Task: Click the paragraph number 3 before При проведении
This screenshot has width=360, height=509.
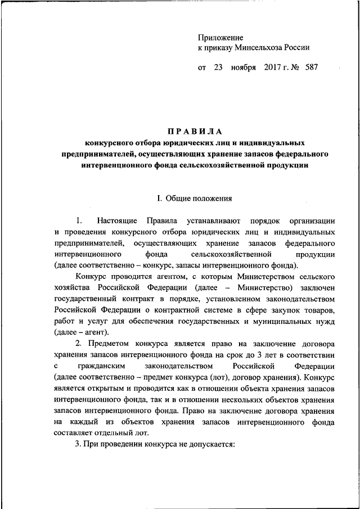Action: tap(77, 444)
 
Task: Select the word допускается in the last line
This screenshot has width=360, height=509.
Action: tap(211, 444)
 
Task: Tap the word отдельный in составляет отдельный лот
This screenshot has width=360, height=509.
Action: tap(116, 433)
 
